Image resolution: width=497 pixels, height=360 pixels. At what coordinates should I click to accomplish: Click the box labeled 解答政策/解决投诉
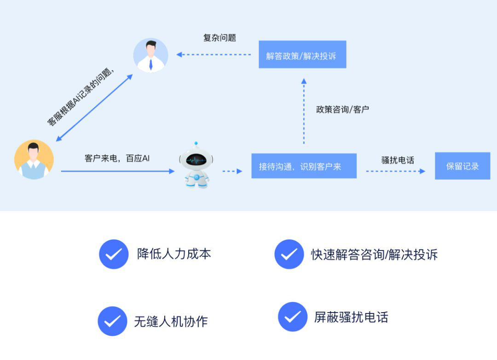302,55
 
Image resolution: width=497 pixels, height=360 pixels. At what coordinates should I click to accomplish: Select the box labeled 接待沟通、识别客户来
304,166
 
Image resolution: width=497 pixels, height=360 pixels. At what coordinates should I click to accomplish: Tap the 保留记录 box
462,166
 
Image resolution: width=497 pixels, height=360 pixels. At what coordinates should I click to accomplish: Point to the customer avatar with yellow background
34,159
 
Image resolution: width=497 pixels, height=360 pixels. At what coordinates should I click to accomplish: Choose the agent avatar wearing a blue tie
150,55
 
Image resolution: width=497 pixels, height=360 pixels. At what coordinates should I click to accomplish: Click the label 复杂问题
220,38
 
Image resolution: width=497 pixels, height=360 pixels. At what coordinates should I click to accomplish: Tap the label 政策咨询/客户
342,110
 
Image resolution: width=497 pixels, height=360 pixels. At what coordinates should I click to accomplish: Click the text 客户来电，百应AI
117,158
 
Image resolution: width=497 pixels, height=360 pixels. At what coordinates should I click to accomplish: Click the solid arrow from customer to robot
117,171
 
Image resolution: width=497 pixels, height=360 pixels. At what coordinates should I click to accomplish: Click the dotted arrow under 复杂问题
214,55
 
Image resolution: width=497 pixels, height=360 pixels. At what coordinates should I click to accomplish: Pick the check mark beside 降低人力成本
114,254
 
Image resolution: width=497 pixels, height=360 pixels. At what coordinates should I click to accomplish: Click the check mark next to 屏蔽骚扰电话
293,317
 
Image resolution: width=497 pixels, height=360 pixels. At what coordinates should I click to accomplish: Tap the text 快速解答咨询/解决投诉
374,255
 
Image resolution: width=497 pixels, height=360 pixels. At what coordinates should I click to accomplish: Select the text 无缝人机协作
171,321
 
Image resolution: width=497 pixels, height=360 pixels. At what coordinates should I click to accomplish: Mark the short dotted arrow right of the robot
232,171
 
